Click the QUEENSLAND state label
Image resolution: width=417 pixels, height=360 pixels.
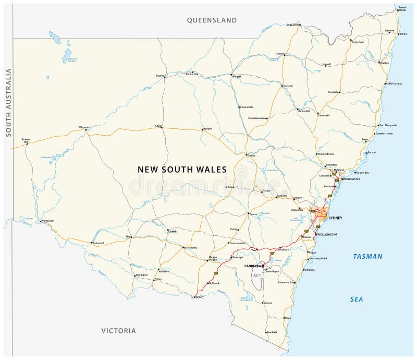tap(212, 20)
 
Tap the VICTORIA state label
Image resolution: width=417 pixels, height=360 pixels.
tap(119, 331)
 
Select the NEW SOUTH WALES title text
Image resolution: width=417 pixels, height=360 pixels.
tap(182, 170)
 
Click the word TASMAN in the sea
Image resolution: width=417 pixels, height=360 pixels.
tap(367, 257)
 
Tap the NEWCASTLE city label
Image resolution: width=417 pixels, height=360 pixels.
tap(351, 179)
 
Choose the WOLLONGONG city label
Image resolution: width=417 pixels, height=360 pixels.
tap(327, 235)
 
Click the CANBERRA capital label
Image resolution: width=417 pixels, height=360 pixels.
tap(253, 266)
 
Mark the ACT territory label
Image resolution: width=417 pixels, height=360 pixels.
tap(257, 275)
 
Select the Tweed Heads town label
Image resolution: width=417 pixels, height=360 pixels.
tap(402, 9)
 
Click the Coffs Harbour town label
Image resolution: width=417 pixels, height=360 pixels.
tap(394, 83)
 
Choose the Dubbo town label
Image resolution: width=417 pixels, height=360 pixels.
tap(252, 155)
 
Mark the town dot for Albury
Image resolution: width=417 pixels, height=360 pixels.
tap(194, 297)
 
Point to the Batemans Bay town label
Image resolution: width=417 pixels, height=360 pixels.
tap(286, 282)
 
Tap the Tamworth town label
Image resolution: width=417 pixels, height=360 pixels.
tap(324, 115)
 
